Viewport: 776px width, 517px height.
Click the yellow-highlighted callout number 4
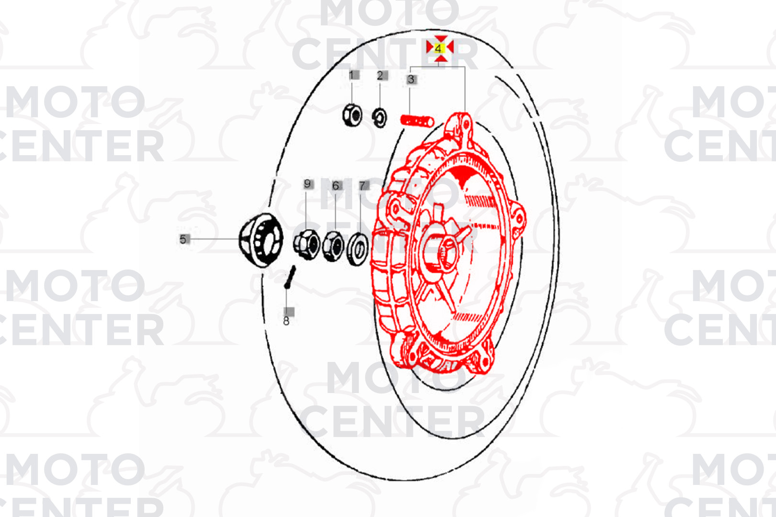439,48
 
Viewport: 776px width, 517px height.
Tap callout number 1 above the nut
351,75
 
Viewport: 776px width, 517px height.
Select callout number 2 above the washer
380,76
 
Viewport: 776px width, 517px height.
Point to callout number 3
411,79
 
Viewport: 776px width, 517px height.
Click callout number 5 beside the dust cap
183,239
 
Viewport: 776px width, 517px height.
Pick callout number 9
307,183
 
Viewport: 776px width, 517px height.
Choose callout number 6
335,186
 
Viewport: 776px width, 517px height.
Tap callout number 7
362,186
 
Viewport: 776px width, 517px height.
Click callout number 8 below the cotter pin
286,321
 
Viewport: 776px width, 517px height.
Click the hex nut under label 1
353,115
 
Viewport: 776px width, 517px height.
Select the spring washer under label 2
380,118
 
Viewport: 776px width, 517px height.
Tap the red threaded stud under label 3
417,121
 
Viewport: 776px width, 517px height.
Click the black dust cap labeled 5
261,240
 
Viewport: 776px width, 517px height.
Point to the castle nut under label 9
307,245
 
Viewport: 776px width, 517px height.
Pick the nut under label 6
333,246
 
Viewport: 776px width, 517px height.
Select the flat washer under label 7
358,249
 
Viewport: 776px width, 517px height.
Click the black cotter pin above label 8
290,277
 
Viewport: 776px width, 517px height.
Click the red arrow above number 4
441,38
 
